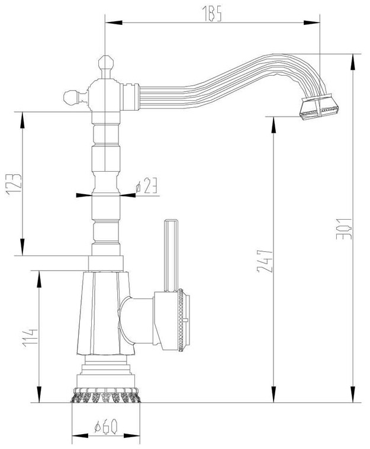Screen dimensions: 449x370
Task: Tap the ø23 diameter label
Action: coord(146,187)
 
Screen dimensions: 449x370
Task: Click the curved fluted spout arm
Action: coord(225,83)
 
